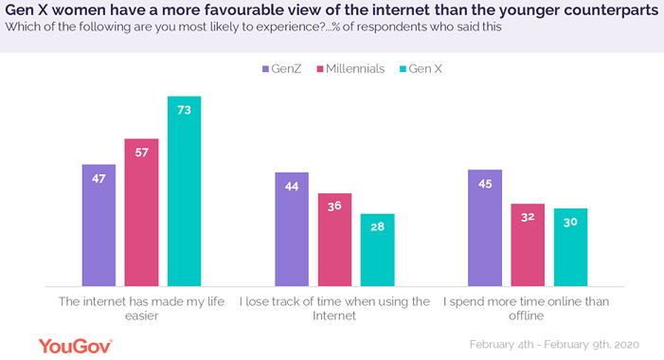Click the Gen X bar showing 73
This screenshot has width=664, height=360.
point(184,190)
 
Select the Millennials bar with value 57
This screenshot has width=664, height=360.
point(141,212)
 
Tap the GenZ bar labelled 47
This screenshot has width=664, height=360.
point(99,225)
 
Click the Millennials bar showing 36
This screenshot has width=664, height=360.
point(334,240)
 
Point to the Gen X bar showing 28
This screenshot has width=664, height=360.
point(377,250)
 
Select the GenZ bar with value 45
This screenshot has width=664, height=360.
point(485,227)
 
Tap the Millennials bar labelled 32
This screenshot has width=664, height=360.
point(528,244)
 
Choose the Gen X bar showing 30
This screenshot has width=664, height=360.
point(570,247)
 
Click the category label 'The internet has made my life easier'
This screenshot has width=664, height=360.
point(141,309)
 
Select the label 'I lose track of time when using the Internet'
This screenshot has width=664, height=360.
point(333,309)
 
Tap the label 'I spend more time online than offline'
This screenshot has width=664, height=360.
point(527,309)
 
